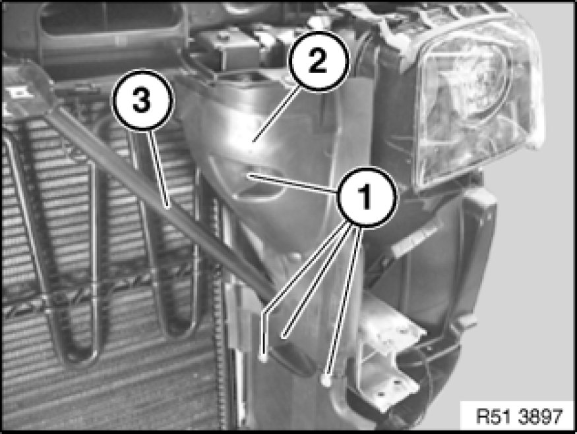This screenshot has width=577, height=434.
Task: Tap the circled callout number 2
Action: tap(318, 61)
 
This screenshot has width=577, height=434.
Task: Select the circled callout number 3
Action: tap(142, 100)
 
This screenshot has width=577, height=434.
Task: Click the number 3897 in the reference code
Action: tap(540, 417)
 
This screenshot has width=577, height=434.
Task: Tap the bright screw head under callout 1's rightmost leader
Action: tap(325, 379)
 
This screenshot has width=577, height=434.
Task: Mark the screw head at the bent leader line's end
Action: tap(264, 356)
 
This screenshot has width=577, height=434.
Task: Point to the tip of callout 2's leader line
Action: tap(253, 142)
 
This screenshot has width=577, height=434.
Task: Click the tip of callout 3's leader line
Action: tap(168, 207)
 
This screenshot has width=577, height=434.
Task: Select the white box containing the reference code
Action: tap(518, 416)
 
